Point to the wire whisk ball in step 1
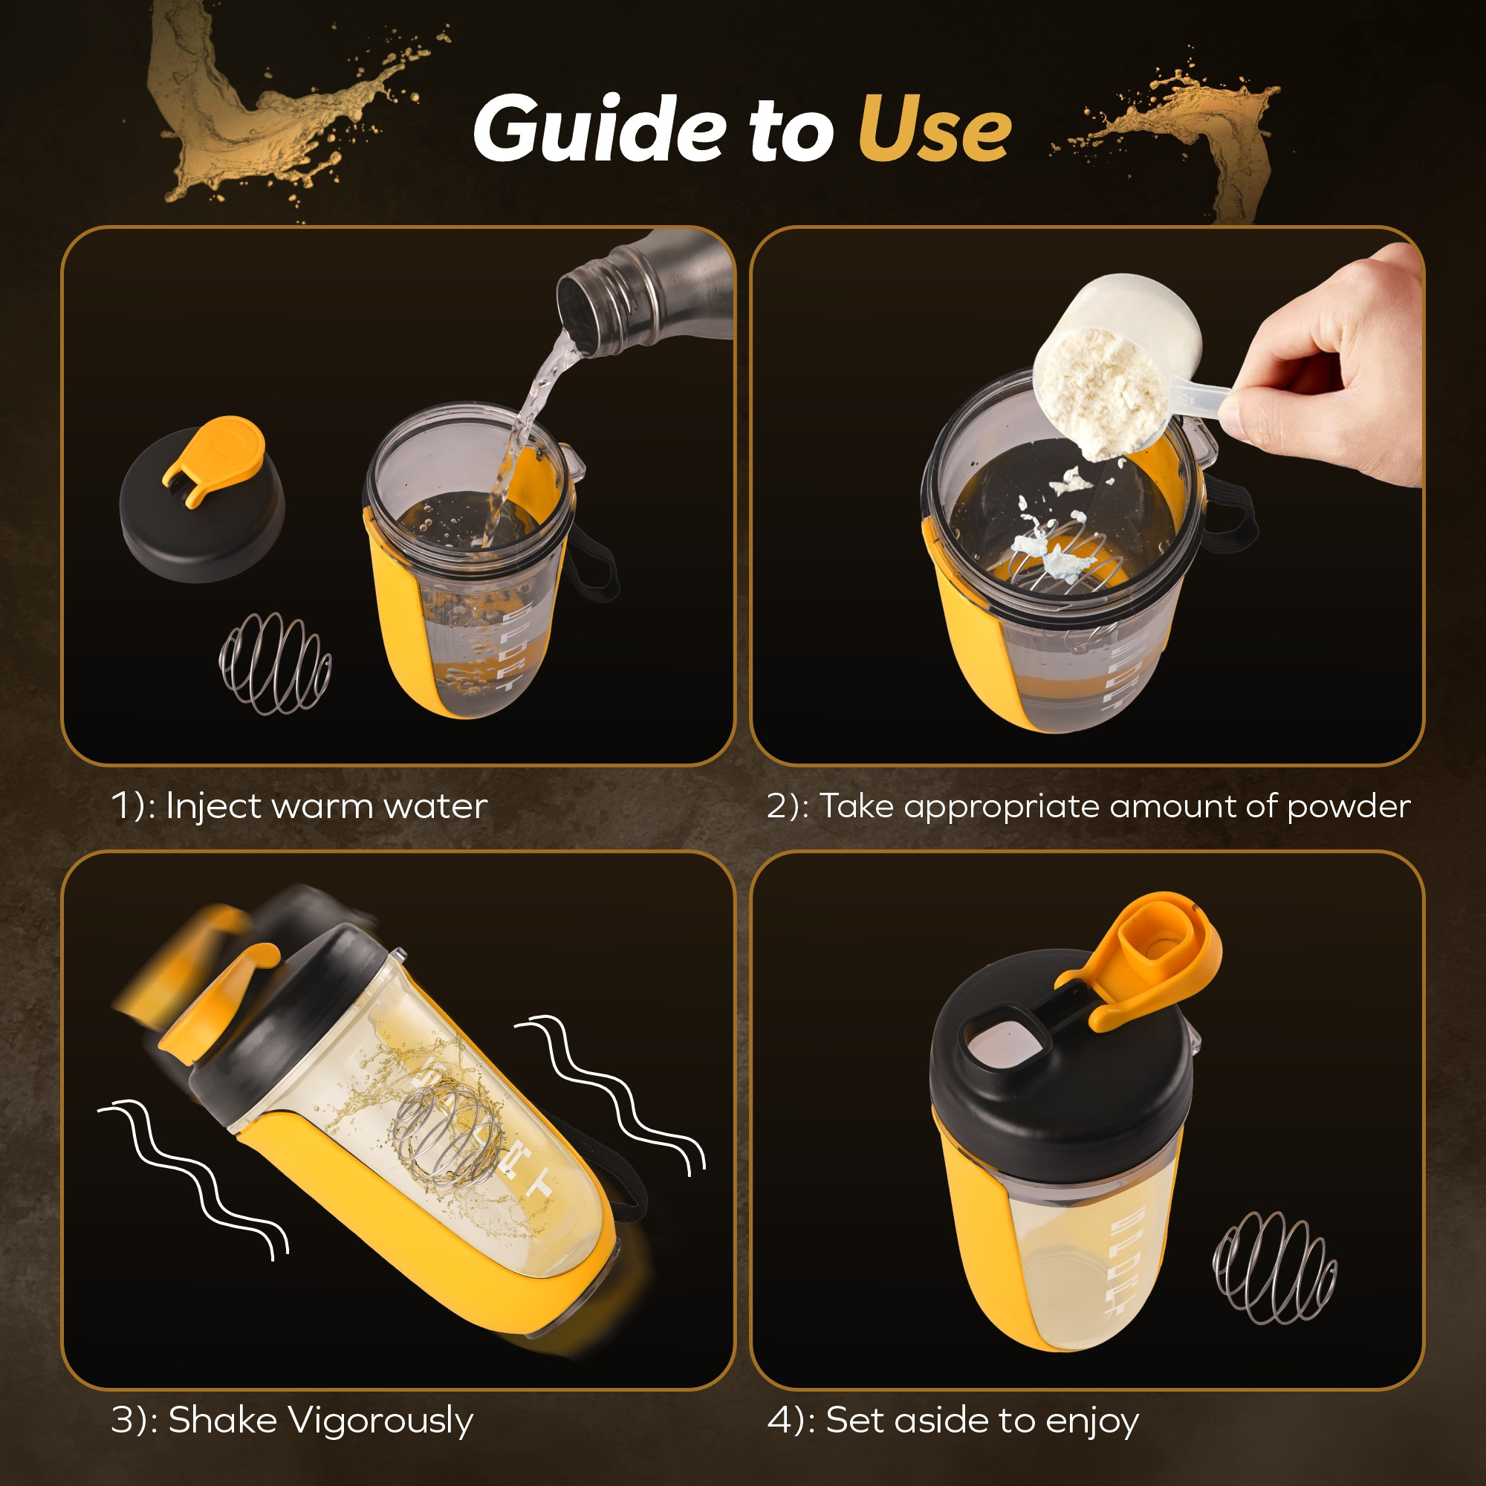point(275,663)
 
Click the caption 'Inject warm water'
point(326,806)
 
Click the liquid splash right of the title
point(1200,131)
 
